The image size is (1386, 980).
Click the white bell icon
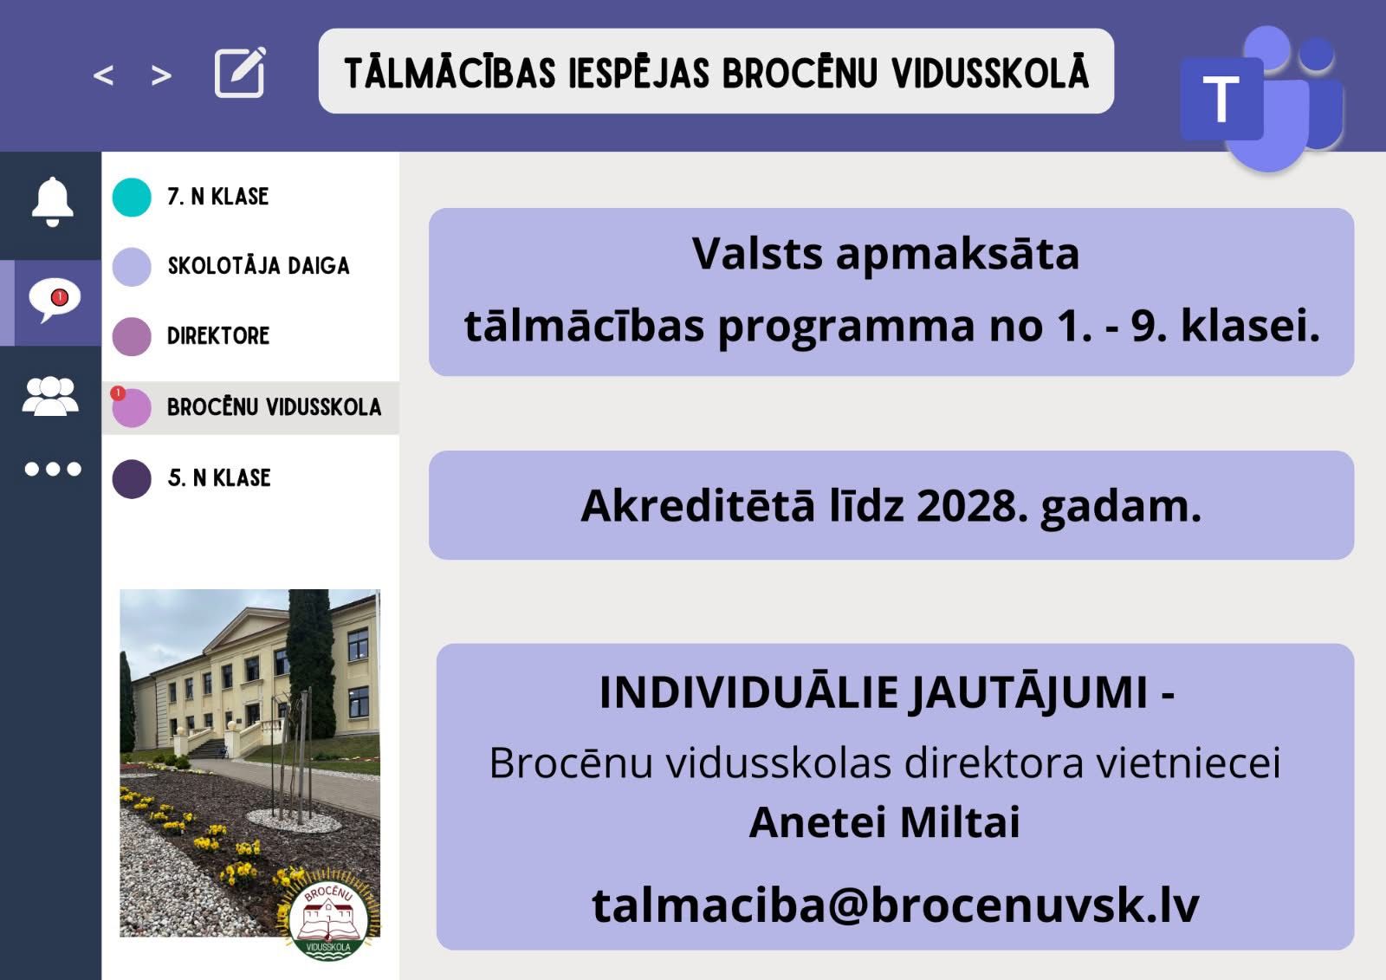(x=53, y=201)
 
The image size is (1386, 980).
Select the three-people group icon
(x=51, y=396)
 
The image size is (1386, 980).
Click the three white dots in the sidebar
(x=53, y=470)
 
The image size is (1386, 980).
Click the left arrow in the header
(x=103, y=75)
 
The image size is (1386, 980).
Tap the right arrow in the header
(x=161, y=75)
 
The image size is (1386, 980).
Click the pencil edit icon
(x=240, y=73)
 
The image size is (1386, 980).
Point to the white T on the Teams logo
(x=1221, y=99)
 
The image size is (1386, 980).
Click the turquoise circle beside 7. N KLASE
(x=132, y=197)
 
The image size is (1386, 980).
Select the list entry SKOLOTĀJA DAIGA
(x=259, y=266)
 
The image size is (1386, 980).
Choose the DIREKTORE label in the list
(x=218, y=336)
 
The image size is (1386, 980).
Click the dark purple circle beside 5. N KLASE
(x=132, y=479)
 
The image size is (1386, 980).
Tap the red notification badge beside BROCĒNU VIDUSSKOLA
(x=118, y=393)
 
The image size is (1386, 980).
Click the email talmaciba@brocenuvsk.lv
(x=896, y=906)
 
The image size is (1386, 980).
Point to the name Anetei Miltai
(x=884, y=823)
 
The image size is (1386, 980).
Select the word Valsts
(x=757, y=254)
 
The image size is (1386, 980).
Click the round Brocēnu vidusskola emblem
(x=328, y=919)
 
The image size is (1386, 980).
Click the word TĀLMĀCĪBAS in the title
(x=450, y=73)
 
